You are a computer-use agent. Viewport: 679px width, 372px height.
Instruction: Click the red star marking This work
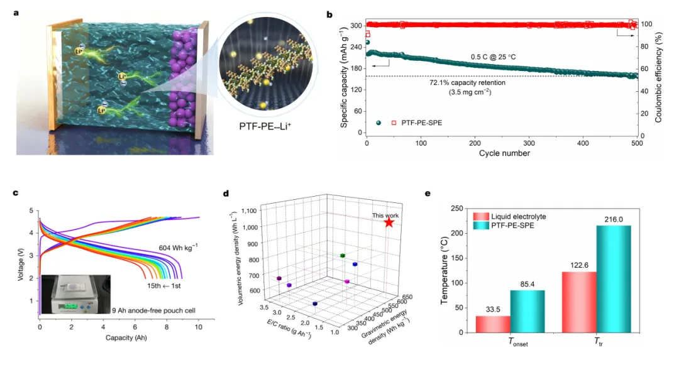coord(389,222)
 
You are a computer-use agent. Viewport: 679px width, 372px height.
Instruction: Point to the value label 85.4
coord(527,284)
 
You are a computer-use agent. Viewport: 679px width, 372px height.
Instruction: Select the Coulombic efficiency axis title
coord(659,78)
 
